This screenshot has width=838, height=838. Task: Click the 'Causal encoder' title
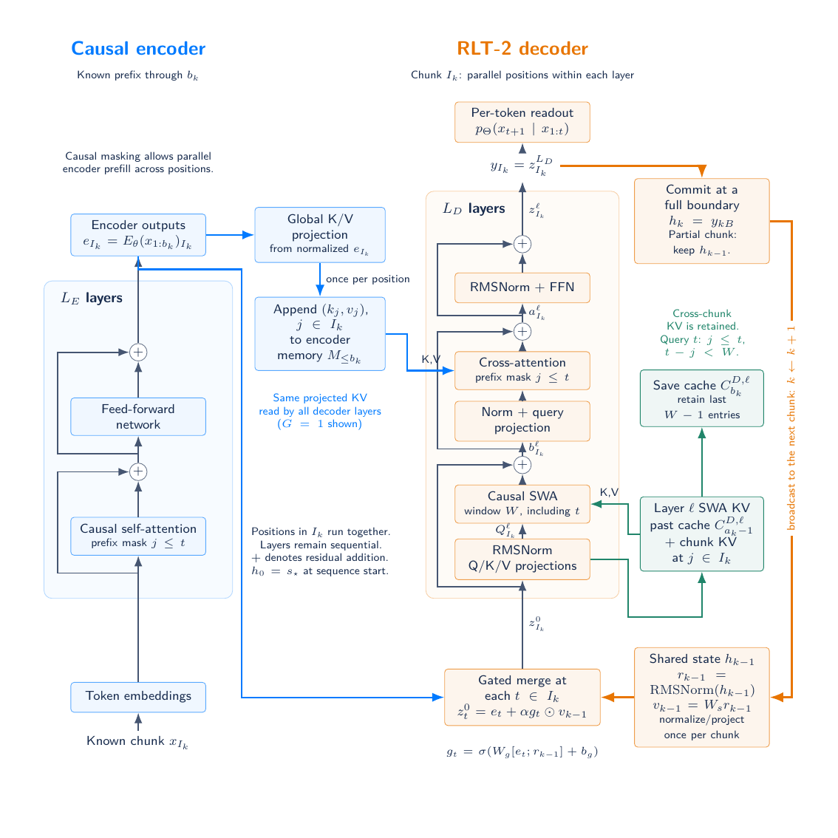pos(138,49)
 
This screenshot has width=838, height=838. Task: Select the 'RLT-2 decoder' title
pos(522,49)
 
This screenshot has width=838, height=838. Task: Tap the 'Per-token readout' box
pos(522,123)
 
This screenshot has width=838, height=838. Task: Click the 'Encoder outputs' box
pos(138,235)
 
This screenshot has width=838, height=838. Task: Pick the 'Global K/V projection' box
pos(319,234)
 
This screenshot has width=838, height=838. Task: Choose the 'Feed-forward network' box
pos(138,417)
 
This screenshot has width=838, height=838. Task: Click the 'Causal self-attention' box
pos(138,536)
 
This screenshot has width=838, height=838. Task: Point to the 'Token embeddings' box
pos(138,697)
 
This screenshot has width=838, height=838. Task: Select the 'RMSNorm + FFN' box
pos(522,287)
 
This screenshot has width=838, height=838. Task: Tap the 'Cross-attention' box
pos(522,370)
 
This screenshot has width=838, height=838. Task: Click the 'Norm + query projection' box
pos(522,420)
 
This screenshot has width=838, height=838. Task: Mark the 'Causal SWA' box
pos(522,503)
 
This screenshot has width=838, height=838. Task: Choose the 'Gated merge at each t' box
pos(522,697)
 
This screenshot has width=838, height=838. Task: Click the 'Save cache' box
pos(702,398)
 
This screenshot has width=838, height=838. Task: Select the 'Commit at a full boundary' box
pos(702,221)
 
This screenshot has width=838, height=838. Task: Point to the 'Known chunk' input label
pos(137,742)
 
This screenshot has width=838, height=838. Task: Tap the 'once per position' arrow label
pos(368,279)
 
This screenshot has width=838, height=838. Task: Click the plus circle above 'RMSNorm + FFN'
pos(522,245)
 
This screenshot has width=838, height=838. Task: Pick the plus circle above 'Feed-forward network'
pos(138,352)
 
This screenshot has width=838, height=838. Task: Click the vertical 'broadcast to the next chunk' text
pos(791,428)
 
